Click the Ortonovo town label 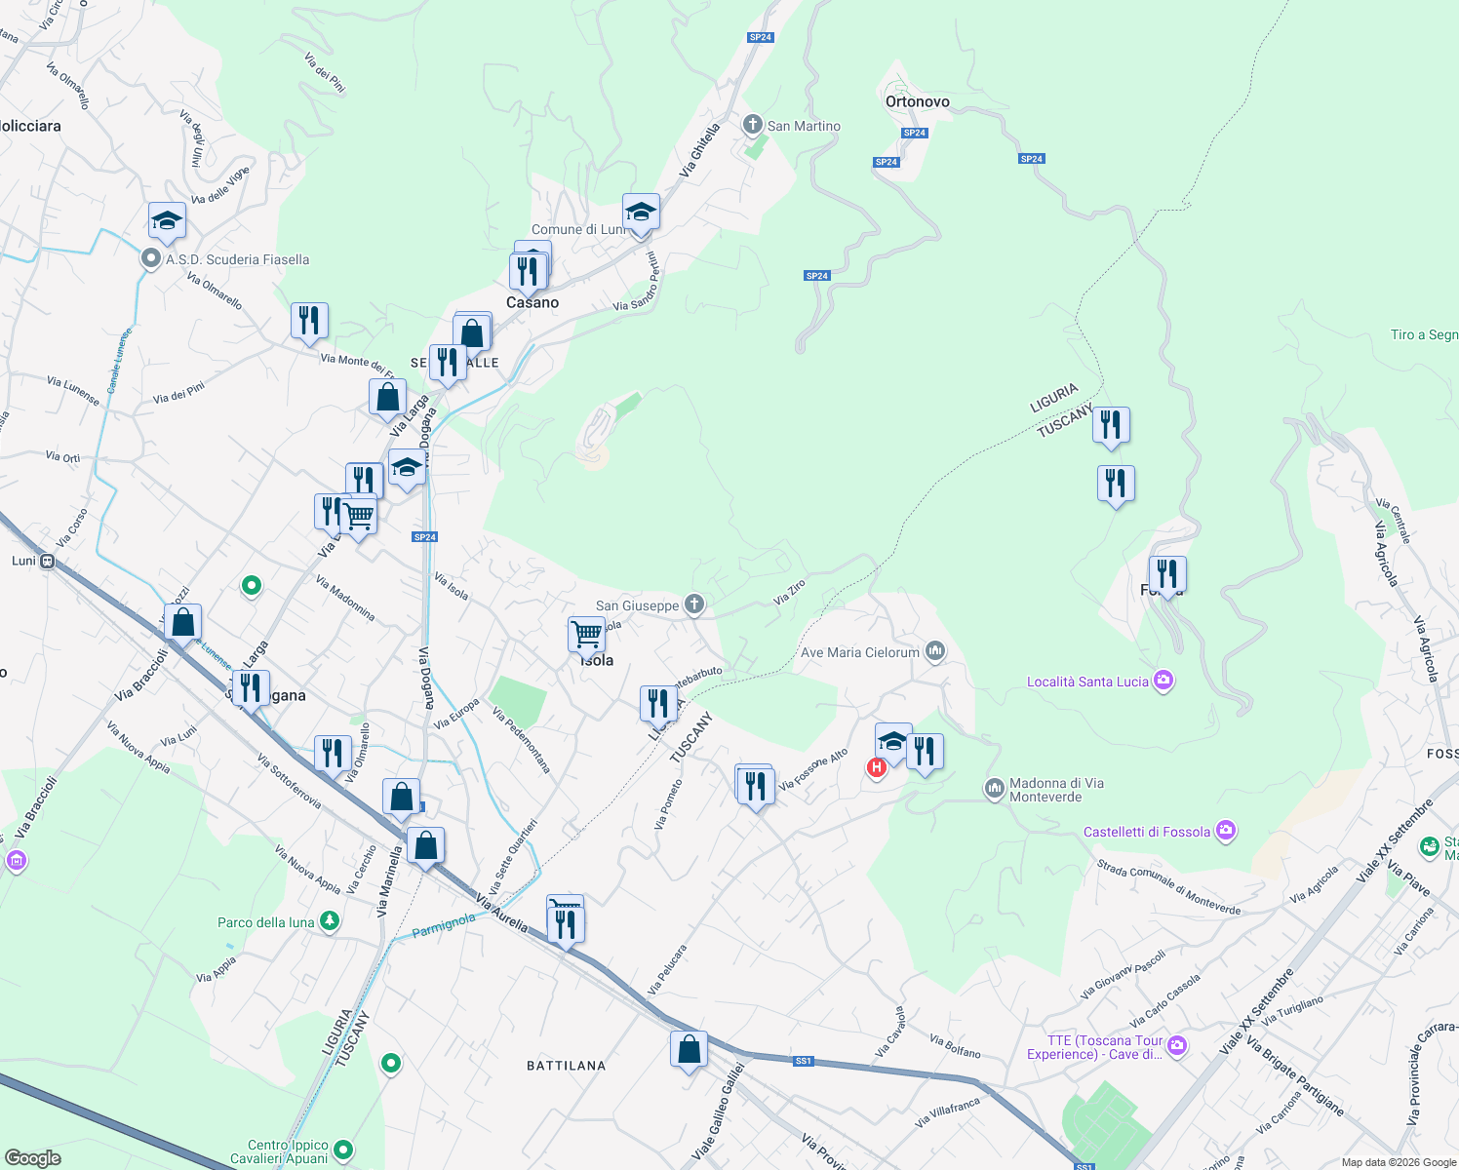pos(917,101)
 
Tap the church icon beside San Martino pos(752,125)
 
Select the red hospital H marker pos(876,767)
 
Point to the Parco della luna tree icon pos(330,921)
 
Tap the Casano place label pos(532,302)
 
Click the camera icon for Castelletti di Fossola pos(1226,831)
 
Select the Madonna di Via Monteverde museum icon pos(994,788)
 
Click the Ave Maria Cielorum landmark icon pos(935,651)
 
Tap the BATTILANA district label pos(567,1066)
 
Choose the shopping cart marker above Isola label pos(586,634)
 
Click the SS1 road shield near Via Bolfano pos(803,1061)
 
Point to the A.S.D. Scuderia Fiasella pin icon pos(151,258)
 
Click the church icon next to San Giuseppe pos(693,604)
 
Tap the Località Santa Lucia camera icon pos(1163,681)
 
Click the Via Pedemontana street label pos(522,741)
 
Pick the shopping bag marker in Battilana pos(689,1050)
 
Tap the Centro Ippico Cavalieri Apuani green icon pos(343,1151)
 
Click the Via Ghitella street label pos(700,149)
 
